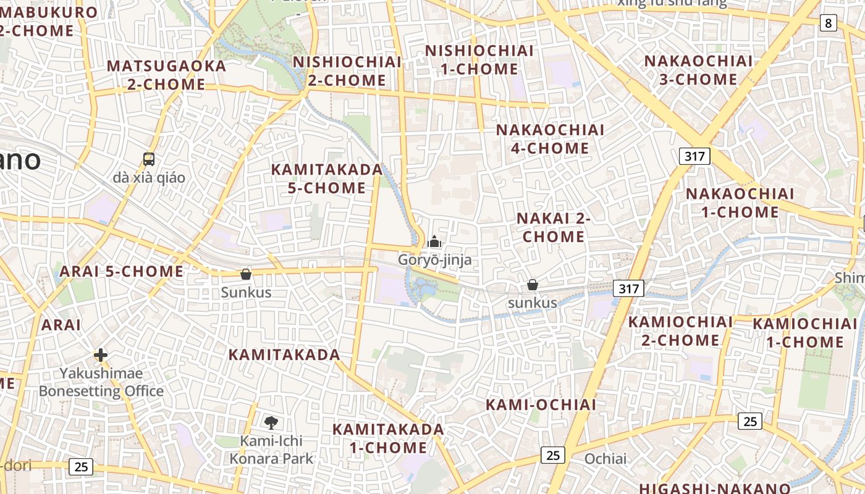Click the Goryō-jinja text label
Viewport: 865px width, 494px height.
point(434,259)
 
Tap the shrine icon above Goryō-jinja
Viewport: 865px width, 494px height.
point(435,241)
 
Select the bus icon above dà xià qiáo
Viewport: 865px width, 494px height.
point(149,159)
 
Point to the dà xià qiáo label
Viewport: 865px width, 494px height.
point(149,178)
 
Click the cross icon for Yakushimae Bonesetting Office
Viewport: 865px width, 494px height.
point(101,354)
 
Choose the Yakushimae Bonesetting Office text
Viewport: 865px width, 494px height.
point(101,382)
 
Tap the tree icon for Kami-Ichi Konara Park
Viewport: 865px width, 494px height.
point(271,422)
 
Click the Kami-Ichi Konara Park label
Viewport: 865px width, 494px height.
point(272,450)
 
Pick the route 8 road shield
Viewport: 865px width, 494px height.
point(829,23)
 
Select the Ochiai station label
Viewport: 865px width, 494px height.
point(605,459)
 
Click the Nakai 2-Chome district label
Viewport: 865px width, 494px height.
point(554,227)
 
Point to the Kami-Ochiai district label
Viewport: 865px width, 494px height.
point(541,404)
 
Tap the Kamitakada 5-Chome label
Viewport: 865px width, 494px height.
point(327,178)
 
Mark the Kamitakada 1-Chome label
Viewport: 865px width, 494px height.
point(388,438)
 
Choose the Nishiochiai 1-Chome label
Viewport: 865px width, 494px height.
point(479,59)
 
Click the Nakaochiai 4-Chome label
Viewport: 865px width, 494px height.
point(550,139)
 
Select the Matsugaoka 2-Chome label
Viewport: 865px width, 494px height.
point(166,75)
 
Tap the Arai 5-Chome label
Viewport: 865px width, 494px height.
point(121,271)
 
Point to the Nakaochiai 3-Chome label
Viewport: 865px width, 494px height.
point(699,70)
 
